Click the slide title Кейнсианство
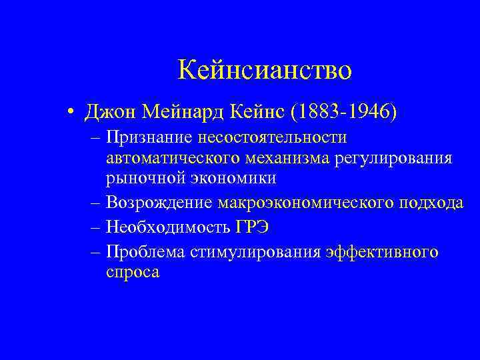(x=265, y=69)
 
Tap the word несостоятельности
(x=271, y=138)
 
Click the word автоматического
(x=167, y=158)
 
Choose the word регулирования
(x=391, y=158)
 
